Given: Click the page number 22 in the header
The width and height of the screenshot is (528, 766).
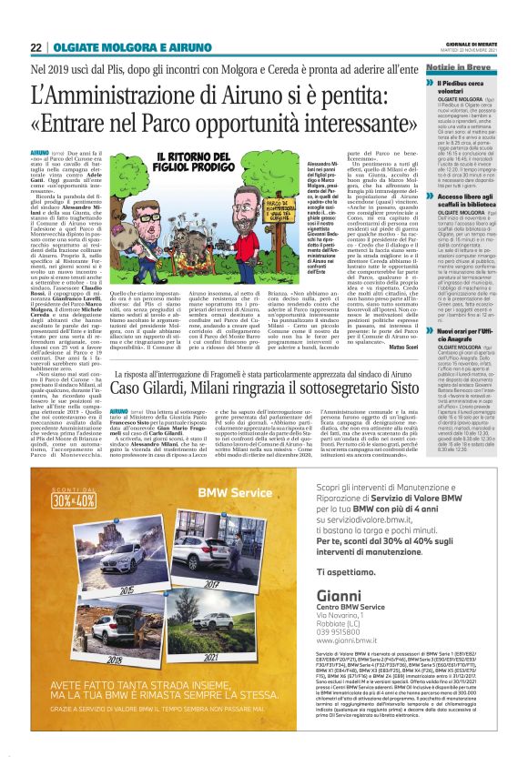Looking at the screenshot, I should click(x=36, y=48).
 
